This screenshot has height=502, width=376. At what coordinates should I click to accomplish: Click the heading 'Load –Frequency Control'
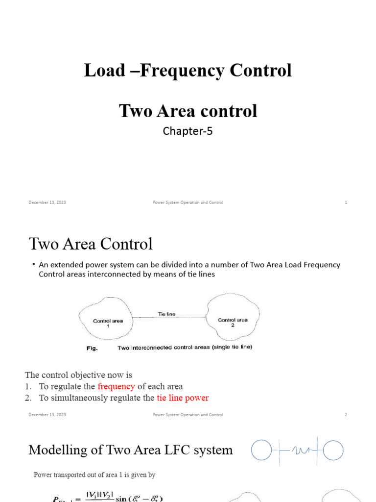coord(188,71)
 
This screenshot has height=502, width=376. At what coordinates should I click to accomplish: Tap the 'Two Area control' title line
coord(188,111)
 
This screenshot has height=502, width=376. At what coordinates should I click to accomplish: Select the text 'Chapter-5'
coord(188,131)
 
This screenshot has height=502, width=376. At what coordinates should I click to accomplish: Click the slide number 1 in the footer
coord(346,202)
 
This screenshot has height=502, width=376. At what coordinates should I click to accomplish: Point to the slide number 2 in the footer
coord(346,415)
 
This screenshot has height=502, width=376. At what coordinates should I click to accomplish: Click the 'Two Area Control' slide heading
coord(91,244)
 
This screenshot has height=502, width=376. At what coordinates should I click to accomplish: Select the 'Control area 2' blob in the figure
coord(233,322)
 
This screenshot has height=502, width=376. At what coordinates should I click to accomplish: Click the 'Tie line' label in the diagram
coord(166,314)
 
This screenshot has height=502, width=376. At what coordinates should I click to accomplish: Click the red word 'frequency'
coord(116,386)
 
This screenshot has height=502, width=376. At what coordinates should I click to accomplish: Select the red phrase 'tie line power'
coord(183,398)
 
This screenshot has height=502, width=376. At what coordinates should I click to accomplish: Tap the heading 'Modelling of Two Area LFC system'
coord(131,450)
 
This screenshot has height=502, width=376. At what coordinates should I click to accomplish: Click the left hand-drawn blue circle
coord(261,450)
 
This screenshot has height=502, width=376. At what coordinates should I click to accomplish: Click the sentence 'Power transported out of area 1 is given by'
coord(94,475)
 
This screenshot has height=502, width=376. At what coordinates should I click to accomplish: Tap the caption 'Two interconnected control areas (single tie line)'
coord(185,348)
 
